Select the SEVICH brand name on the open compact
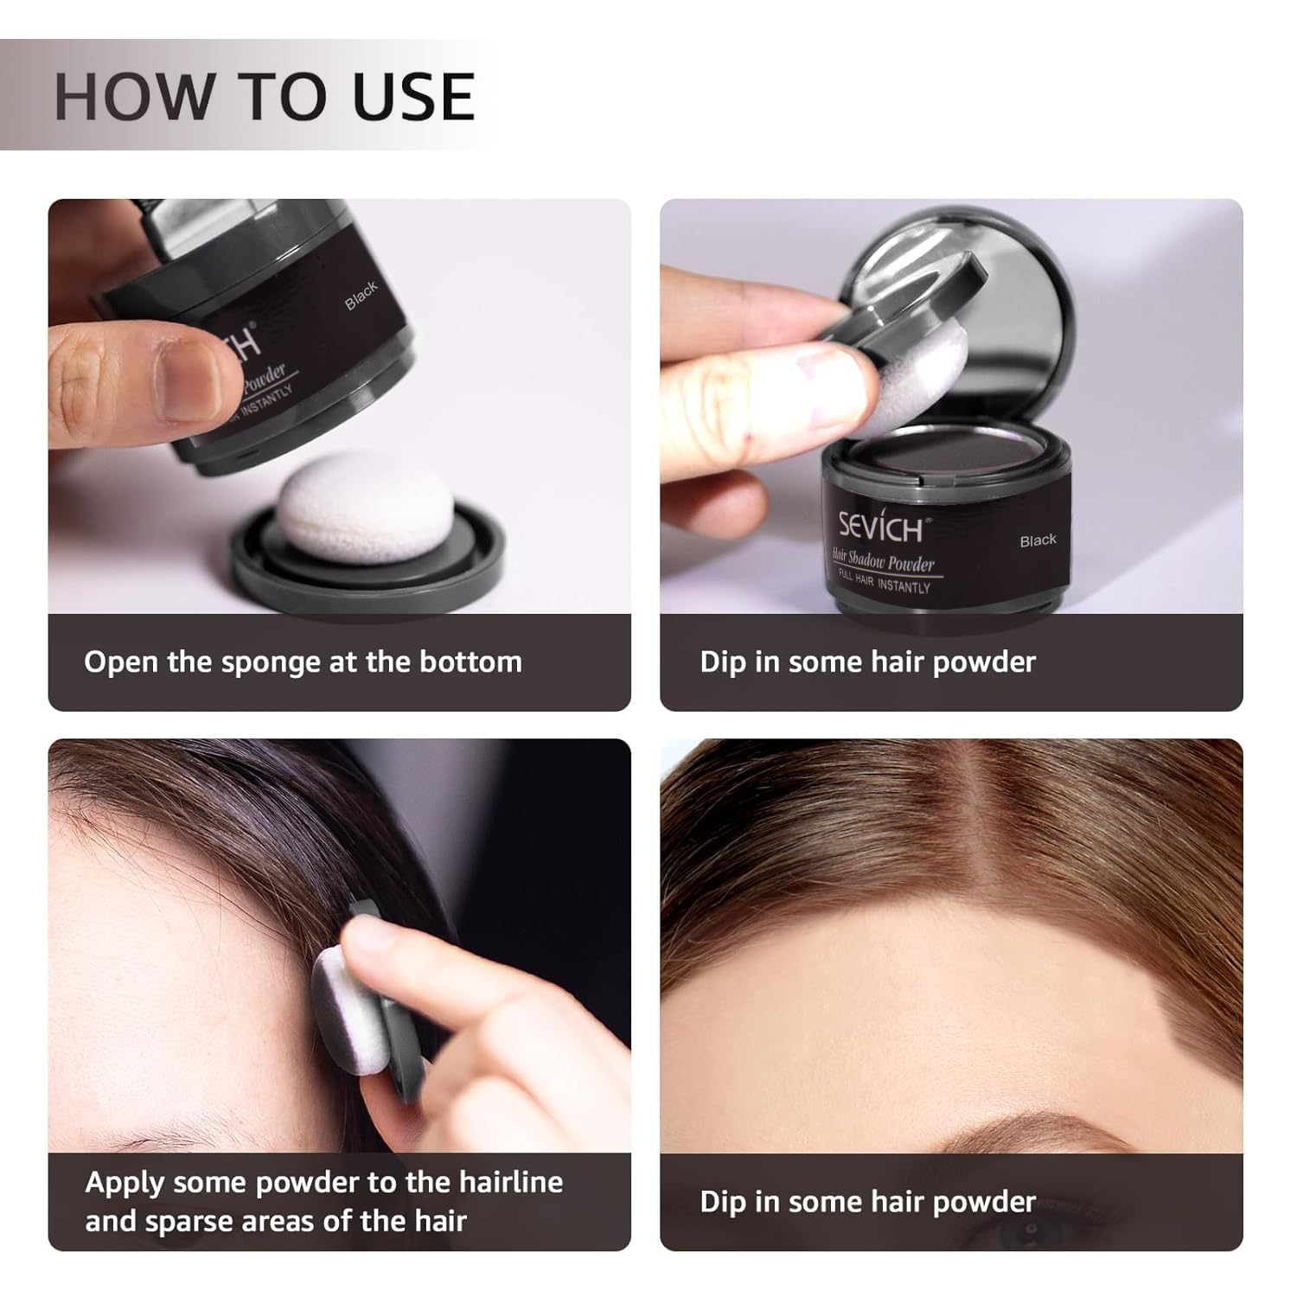pos(880,525)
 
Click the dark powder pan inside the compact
pos(944,456)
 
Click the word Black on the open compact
pos(1038,540)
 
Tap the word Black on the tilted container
pos(361,296)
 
